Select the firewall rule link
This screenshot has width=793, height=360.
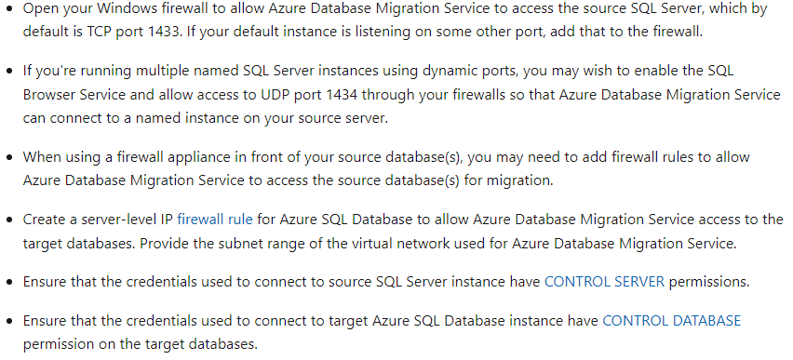(214, 220)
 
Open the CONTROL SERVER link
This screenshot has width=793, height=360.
(604, 280)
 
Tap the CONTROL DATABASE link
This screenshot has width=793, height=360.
(671, 321)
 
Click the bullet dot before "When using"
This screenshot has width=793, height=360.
(10, 157)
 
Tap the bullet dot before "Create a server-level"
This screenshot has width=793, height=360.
(10, 220)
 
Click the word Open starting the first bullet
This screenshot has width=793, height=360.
(40, 8)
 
